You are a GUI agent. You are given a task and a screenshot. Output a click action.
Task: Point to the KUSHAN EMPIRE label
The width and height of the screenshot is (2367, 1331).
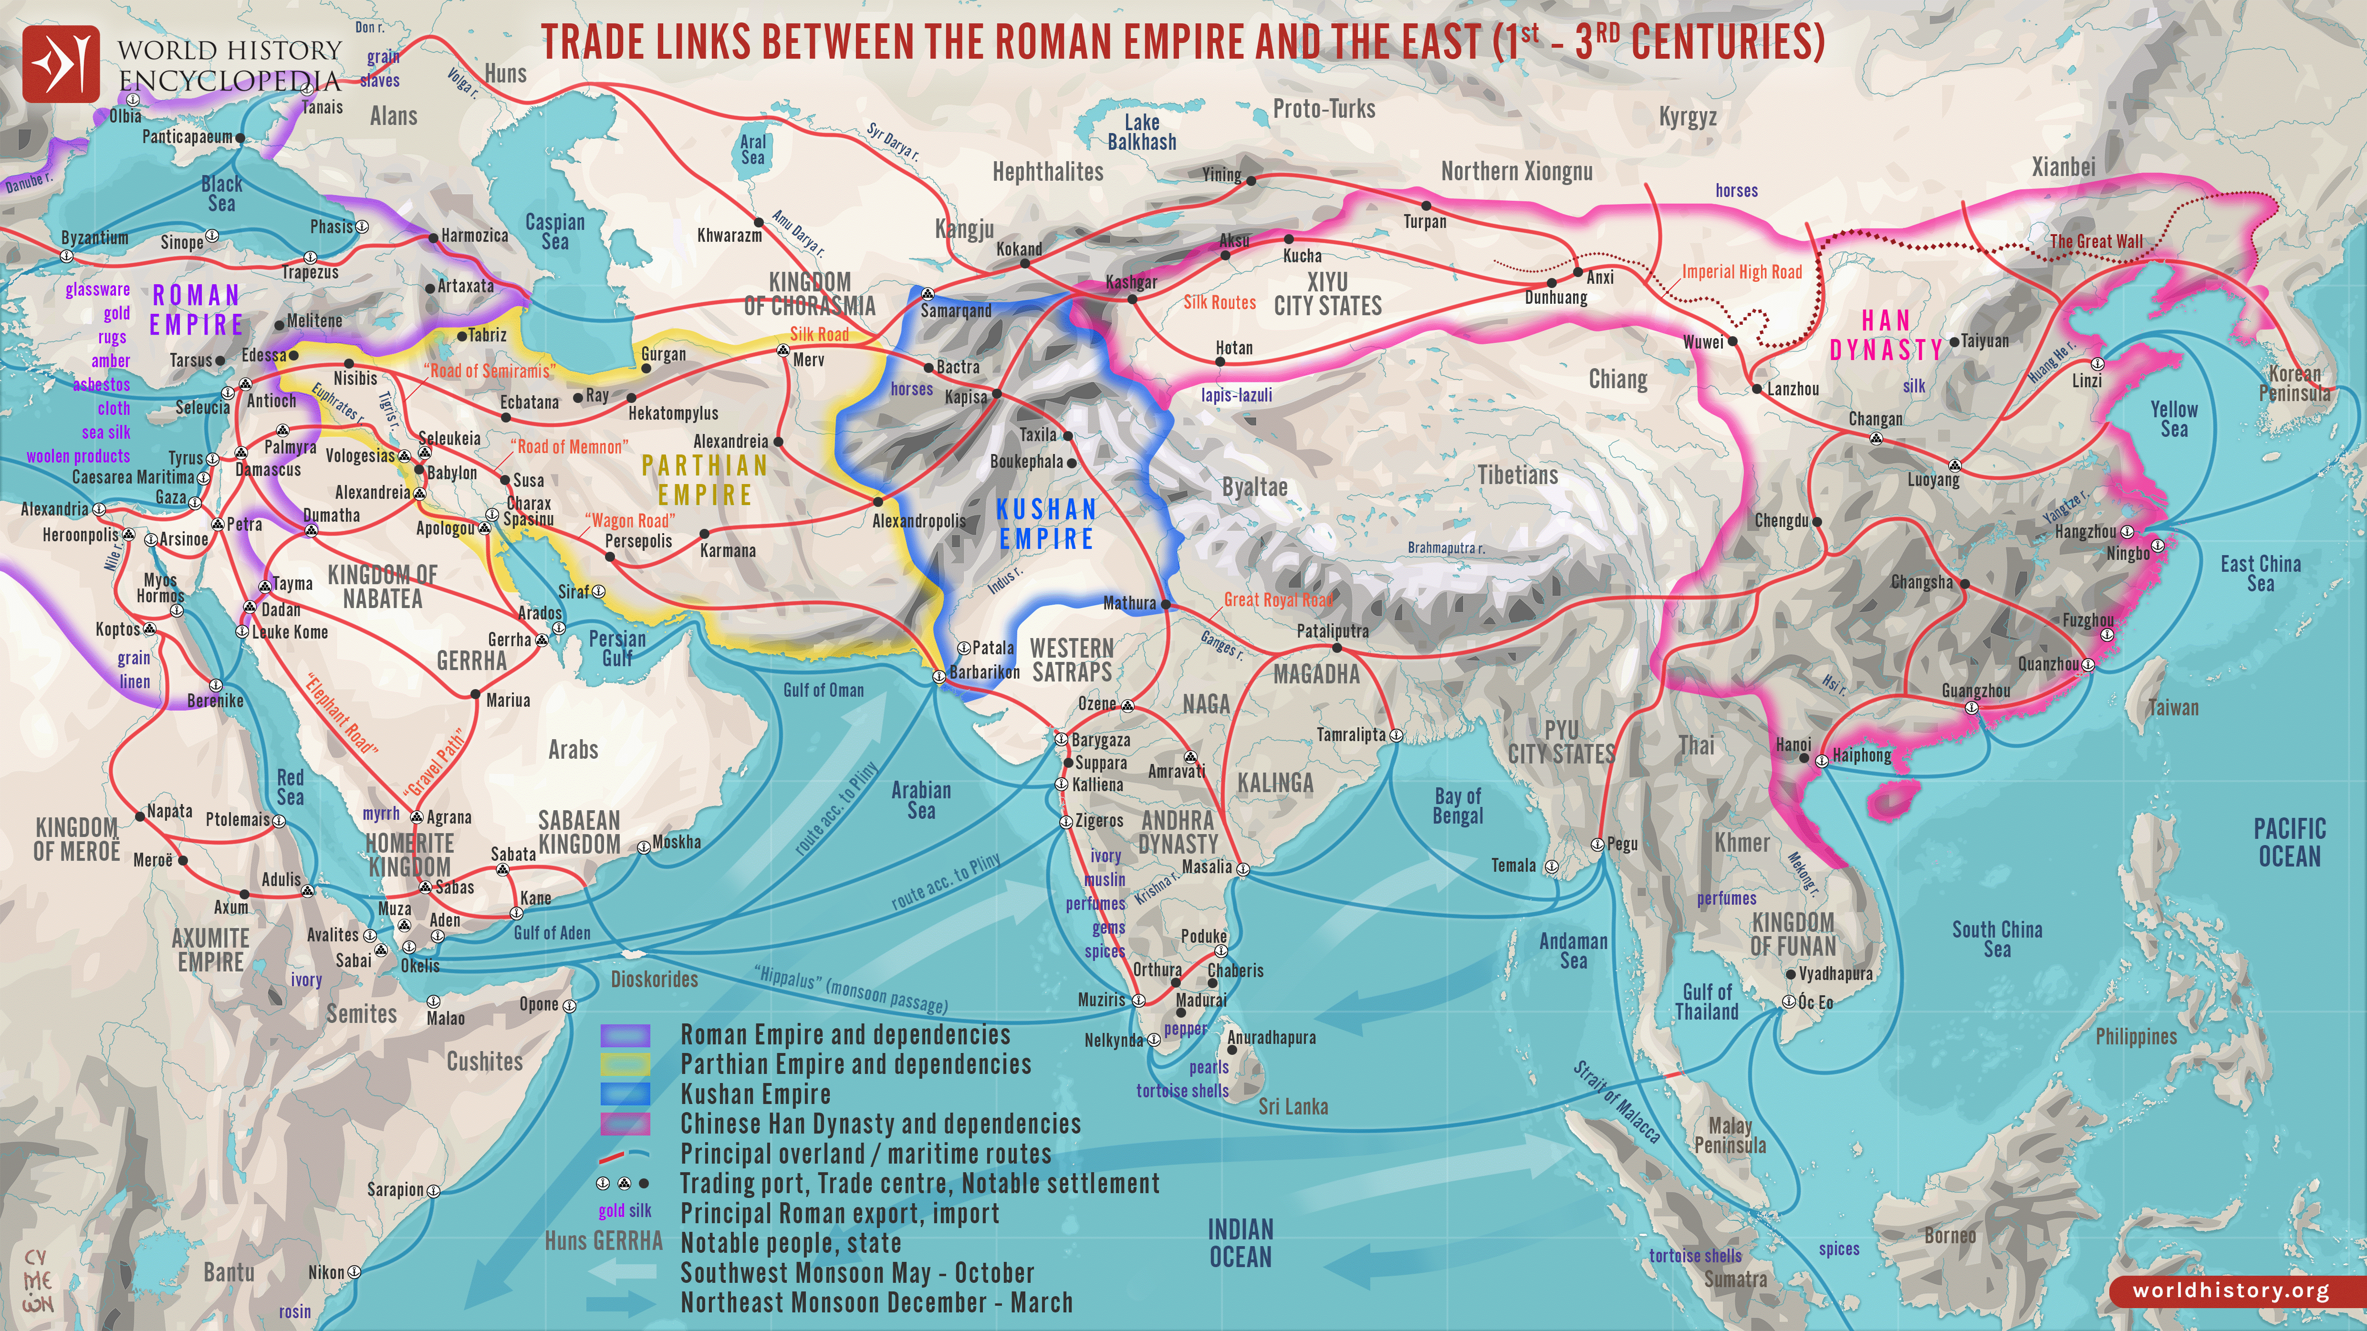tap(1047, 524)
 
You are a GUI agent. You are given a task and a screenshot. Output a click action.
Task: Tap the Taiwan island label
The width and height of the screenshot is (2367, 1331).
tap(2173, 707)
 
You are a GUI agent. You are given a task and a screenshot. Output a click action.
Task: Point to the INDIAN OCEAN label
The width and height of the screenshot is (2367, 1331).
tap(1241, 1243)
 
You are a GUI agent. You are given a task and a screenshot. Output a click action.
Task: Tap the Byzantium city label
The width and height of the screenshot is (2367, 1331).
tap(94, 238)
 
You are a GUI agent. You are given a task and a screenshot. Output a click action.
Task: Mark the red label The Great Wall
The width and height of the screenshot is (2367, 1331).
tap(2096, 242)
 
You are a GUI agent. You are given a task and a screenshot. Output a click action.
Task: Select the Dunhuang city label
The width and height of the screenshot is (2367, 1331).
tap(1555, 298)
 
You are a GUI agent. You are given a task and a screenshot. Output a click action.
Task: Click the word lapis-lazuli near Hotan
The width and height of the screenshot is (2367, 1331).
tap(1237, 395)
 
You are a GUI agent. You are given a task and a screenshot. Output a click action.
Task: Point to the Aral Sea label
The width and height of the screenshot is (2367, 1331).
tap(752, 150)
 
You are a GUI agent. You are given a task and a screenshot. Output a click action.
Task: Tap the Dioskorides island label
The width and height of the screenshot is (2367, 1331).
tap(654, 979)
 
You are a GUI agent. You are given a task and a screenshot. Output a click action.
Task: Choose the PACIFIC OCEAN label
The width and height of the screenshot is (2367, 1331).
tap(2289, 842)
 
